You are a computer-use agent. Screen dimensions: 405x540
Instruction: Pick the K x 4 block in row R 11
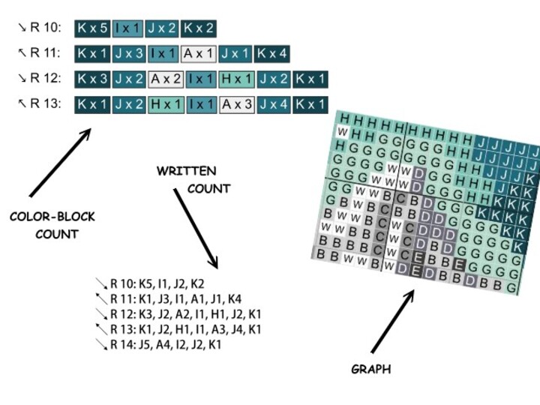coord(272,54)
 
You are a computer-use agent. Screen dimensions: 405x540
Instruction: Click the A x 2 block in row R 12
coord(165,79)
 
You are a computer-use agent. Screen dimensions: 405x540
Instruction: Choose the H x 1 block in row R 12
coord(237,79)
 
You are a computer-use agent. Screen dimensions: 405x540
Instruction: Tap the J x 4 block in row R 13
coord(274,103)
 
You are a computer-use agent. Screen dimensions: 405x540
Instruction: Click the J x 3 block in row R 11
coord(129,54)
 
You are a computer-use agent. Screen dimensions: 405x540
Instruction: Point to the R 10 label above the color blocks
coord(44,29)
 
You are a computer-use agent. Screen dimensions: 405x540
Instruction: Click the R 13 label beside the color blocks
coord(44,103)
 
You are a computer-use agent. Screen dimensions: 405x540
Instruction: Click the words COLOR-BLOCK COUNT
coord(52,225)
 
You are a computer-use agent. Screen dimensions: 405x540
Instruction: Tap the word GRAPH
coord(371,369)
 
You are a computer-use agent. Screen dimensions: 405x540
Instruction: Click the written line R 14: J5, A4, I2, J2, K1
coord(165,344)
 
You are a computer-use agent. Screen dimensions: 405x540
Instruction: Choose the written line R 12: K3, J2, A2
coord(184,314)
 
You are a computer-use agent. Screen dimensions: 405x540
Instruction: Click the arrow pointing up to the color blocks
coord(60,163)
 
